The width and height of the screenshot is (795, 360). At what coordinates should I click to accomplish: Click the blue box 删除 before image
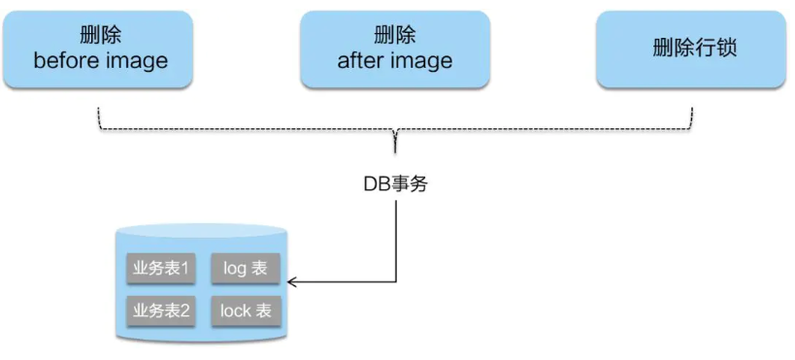100,48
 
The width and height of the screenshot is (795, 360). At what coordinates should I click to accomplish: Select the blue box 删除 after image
395,48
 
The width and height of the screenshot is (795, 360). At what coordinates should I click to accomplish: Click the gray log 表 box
245,268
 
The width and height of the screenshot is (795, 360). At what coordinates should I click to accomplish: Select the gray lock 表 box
245,311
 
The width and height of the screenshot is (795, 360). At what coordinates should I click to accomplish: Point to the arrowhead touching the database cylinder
292,282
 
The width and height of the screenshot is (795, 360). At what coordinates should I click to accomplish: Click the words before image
101,61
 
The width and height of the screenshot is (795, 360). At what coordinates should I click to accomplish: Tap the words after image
395,61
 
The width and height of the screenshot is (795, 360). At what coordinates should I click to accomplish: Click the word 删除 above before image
101,35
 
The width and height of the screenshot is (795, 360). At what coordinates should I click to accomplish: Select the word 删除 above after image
395,35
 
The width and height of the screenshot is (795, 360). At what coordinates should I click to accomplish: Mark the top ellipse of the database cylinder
201,233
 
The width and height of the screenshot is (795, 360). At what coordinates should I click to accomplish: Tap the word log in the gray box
235,268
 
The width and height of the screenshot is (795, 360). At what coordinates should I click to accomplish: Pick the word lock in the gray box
235,311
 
